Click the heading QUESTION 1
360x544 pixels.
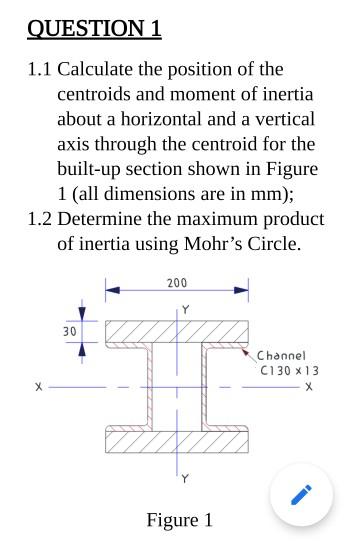pos(94,28)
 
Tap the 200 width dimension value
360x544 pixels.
pos(177,285)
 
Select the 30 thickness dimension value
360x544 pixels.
pos(69,331)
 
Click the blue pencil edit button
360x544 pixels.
pos(302,495)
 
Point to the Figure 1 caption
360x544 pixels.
pos(179,520)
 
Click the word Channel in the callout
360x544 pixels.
pos(280,356)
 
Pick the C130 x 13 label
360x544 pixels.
pos(289,370)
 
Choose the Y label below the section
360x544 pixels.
pos(183,477)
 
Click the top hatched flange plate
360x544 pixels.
pos(177,330)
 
